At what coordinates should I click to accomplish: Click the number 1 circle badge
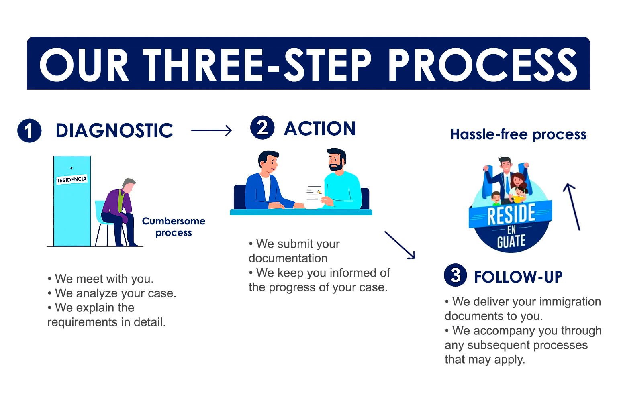(29, 131)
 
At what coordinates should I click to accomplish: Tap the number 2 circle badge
(262, 128)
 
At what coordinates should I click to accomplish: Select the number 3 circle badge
(455, 275)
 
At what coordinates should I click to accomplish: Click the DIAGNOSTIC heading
(114, 131)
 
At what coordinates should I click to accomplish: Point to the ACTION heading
(320, 129)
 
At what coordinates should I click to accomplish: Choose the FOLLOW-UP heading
(518, 277)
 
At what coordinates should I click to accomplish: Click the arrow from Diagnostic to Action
(211, 130)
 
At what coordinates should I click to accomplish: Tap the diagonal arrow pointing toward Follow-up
(400, 245)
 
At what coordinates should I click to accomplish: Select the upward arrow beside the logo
(572, 207)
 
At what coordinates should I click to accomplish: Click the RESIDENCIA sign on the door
(72, 179)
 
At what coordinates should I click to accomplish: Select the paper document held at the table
(314, 195)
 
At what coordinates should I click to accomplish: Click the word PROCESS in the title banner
(482, 64)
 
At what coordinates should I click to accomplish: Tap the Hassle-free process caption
(518, 134)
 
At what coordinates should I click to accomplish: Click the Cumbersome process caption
(174, 227)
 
